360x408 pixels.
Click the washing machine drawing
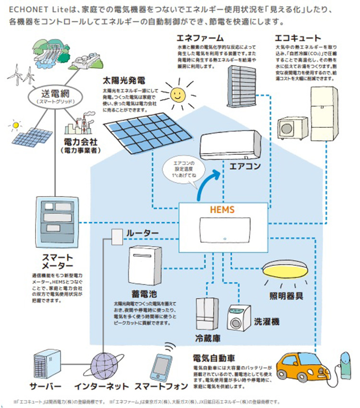pyautogui.click(x=240, y=317)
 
